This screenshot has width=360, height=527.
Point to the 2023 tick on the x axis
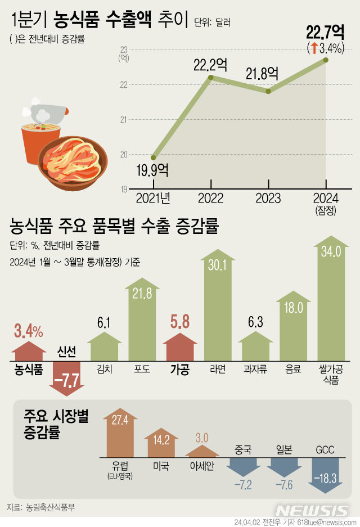click(268, 198)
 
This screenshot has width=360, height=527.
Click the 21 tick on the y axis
click(124, 119)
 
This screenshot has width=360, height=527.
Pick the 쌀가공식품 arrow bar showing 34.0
click(331, 298)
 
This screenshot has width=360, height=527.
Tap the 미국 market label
click(160, 466)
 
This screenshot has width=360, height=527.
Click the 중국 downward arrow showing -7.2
click(244, 470)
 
